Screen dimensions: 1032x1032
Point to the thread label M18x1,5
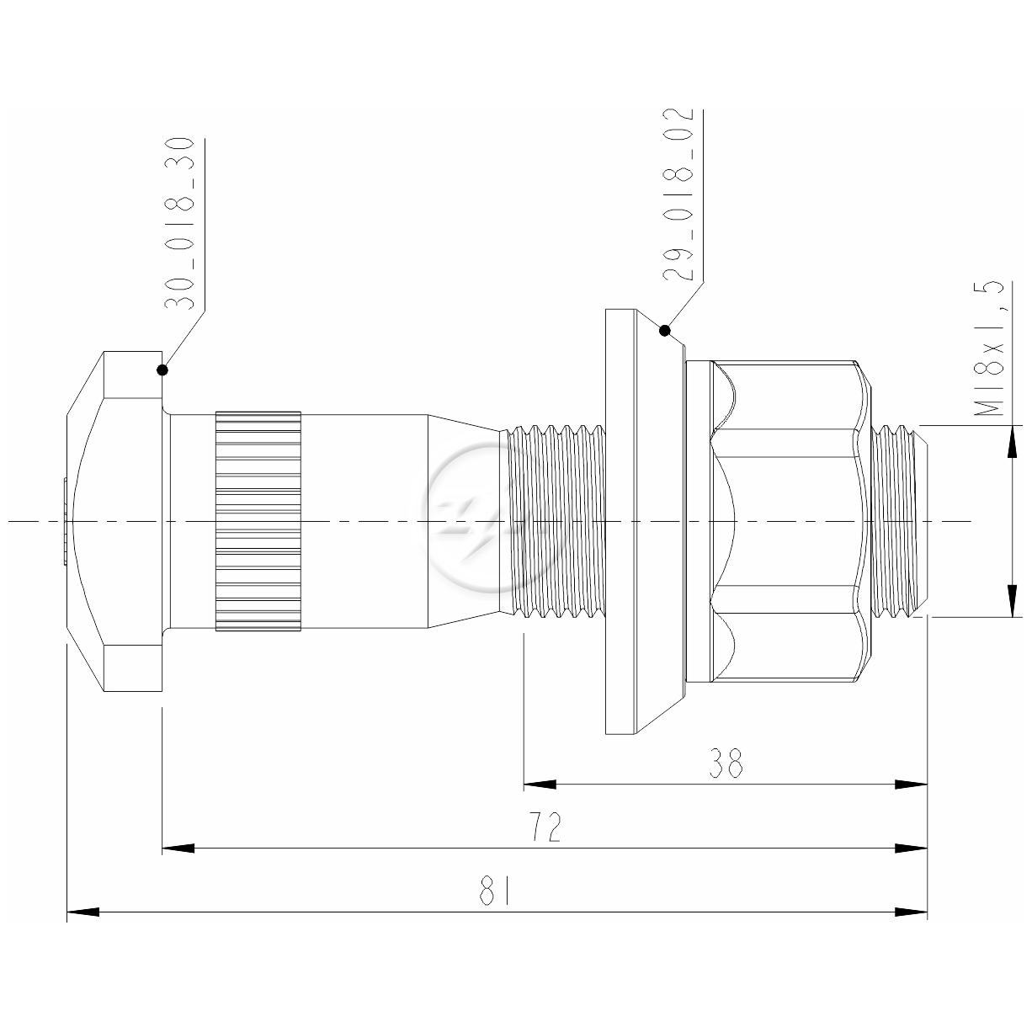pos(988,348)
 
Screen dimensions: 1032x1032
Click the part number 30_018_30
pos(178,225)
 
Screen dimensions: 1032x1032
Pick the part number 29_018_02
pos(678,195)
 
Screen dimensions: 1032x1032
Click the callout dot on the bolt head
pos(162,370)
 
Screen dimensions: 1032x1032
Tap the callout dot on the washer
pos(665,331)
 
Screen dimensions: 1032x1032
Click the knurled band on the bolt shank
pos(258,521)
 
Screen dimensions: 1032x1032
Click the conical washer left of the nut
pos(646,521)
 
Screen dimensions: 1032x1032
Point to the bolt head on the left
pos(114,521)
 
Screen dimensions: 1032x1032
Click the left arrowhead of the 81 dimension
pos(83,912)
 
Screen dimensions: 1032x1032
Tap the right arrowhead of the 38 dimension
pos(911,785)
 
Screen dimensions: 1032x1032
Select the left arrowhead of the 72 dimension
pos(178,848)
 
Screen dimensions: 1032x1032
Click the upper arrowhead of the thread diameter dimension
pos(1012,441)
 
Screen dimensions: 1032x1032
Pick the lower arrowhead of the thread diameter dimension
pos(1012,600)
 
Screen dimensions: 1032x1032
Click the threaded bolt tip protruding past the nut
pos(900,521)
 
